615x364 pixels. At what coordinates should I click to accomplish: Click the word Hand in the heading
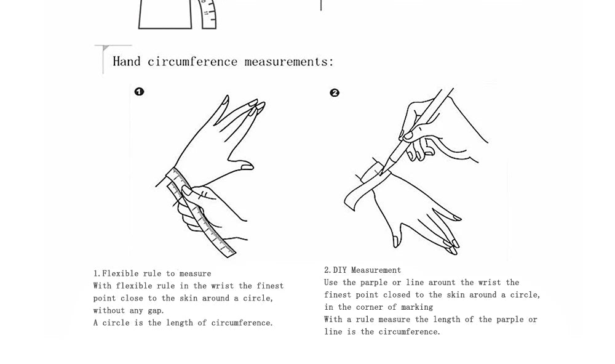tap(126, 61)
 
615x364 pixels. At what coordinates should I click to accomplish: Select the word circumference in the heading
tap(192, 61)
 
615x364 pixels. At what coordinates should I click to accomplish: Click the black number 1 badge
tap(139, 92)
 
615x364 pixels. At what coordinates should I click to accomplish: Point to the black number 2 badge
tap(335, 92)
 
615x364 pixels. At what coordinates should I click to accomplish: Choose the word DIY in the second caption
tap(339, 270)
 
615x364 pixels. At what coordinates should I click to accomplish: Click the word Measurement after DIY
tap(376, 270)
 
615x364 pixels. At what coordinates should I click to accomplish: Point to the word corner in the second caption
tap(369, 307)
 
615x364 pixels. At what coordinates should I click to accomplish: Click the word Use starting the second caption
tap(331, 282)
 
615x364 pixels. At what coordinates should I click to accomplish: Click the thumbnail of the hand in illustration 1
tap(247, 168)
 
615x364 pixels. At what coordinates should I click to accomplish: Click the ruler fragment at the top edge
tap(208, 14)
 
